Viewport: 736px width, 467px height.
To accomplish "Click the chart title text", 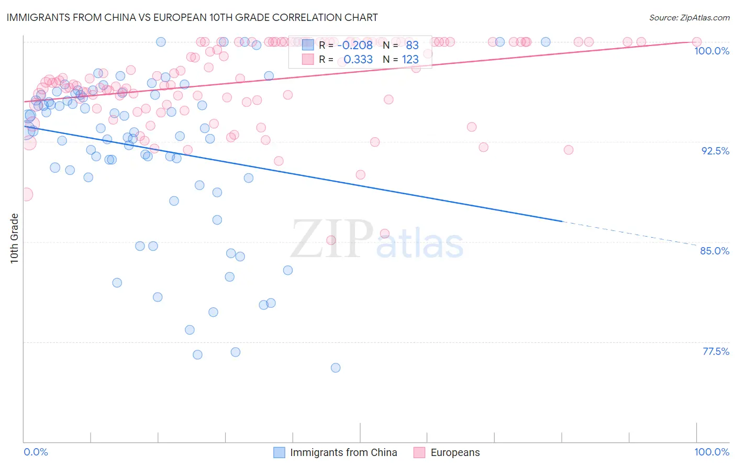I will [192, 17].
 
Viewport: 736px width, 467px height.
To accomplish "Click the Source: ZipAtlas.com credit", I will [689, 17].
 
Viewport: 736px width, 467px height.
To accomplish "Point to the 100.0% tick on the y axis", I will [711, 51].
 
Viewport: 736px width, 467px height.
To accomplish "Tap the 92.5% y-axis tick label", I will [715, 151].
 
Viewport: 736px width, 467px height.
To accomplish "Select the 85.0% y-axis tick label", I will [715, 251].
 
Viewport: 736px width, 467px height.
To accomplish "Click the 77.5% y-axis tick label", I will [716, 351].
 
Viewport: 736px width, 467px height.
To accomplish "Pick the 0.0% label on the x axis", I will [36, 452].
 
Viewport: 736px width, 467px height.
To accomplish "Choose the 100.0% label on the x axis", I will [711, 452].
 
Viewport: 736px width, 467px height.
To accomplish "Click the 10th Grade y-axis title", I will [15, 238].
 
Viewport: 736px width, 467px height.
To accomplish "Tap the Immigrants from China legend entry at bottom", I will [336, 452].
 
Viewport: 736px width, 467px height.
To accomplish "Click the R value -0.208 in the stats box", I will [355, 45].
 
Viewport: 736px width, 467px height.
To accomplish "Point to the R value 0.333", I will [358, 59].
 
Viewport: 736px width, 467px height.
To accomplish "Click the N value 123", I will [410, 59].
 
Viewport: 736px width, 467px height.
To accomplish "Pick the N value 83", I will [412, 45].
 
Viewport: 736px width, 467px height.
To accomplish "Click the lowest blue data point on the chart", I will [336, 368].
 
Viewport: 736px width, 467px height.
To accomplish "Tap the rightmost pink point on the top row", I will [696, 42].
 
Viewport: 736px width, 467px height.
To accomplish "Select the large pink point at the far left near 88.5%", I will [26, 194].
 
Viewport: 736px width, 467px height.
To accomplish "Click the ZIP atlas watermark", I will [377, 240].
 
